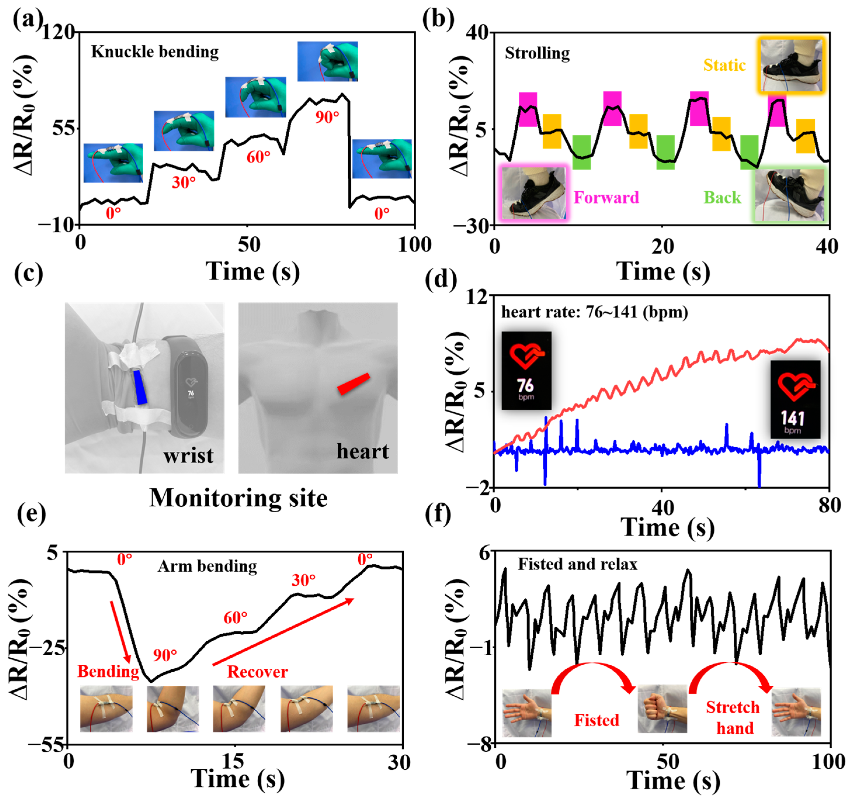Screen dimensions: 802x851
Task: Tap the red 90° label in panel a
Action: coord(327,117)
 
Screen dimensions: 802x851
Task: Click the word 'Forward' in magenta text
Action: coord(606,198)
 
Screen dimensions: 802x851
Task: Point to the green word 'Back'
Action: coord(722,198)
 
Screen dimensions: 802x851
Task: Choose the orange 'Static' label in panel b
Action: coord(724,65)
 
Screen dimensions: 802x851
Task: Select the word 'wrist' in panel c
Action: coord(188,455)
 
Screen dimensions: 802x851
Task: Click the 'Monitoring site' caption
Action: coord(239,498)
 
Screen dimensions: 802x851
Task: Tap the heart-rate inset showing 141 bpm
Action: coord(795,399)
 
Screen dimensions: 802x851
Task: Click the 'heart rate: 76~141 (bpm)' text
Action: coord(595,312)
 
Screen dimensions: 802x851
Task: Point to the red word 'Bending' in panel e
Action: coord(108,671)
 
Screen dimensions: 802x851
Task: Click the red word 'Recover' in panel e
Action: coord(257,672)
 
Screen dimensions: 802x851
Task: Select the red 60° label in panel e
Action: coord(235,617)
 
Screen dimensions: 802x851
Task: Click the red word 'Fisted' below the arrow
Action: coord(596,720)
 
